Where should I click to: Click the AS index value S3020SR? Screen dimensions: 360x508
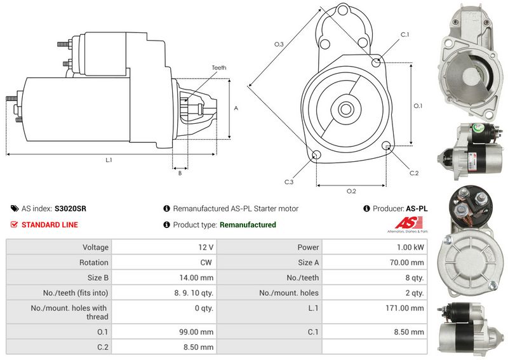point(70,208)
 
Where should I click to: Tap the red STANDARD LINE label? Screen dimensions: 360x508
point(50,225)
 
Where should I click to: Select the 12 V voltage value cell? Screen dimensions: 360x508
point(206,247)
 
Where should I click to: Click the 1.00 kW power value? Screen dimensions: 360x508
point(411,247)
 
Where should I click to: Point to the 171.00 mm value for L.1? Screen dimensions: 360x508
point(408,308)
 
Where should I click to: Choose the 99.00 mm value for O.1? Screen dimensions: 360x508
point(198,331)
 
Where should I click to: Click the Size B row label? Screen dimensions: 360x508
point(95,277)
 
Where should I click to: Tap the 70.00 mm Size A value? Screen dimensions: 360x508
point(408,262)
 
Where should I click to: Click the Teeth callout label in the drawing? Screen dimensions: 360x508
point(218,67)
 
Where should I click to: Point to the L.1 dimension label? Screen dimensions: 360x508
point(109,160)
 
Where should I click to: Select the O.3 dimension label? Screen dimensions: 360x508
point(279,44)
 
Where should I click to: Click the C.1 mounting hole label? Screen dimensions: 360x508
point(405,34)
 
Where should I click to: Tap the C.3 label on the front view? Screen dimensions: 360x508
point(288,182)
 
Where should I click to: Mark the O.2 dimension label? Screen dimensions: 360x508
point(351,191)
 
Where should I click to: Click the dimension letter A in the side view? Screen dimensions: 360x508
point(236,108)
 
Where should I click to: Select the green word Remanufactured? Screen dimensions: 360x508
point(248,225)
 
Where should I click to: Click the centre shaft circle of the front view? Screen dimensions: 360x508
point(346,109)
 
